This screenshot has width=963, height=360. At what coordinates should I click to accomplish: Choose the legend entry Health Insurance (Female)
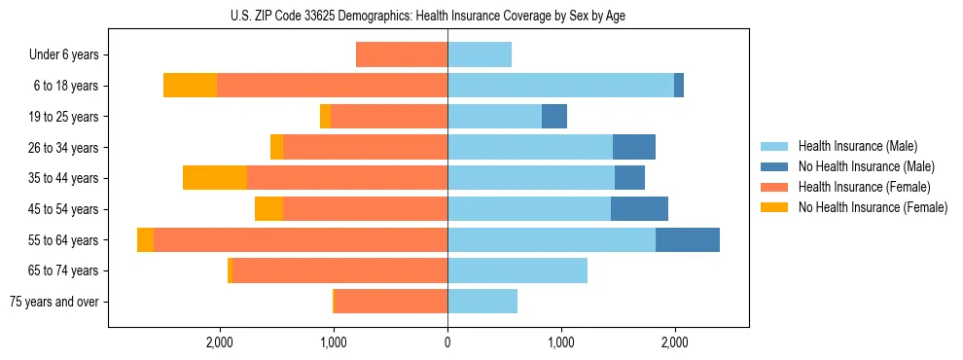[864, 187]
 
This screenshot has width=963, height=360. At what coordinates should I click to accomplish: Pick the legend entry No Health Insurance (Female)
[873, 207]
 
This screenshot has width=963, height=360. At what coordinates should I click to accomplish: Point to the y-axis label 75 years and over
[53, 302]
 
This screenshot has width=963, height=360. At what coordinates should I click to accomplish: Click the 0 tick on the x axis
[447, 342]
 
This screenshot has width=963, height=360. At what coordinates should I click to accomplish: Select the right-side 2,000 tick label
[674, 342]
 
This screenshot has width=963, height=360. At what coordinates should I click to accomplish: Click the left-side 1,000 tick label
[334, 342]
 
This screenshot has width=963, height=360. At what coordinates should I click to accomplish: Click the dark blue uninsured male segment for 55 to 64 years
[688, 239]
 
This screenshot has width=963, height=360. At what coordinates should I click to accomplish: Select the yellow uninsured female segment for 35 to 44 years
[215, 178]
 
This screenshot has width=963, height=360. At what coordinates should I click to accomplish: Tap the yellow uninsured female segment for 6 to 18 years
[190, 86]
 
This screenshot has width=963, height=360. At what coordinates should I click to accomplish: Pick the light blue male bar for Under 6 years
[480, 54]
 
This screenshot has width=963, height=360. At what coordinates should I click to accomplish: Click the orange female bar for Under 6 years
[402, 54]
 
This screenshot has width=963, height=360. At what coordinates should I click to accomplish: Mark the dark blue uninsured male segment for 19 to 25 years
[554, 117]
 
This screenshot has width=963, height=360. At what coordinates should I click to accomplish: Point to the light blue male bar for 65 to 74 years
[517, 270]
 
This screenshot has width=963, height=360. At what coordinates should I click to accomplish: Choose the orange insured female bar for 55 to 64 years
[301, 239]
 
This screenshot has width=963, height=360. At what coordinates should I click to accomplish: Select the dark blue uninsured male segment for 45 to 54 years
[639, 209]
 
